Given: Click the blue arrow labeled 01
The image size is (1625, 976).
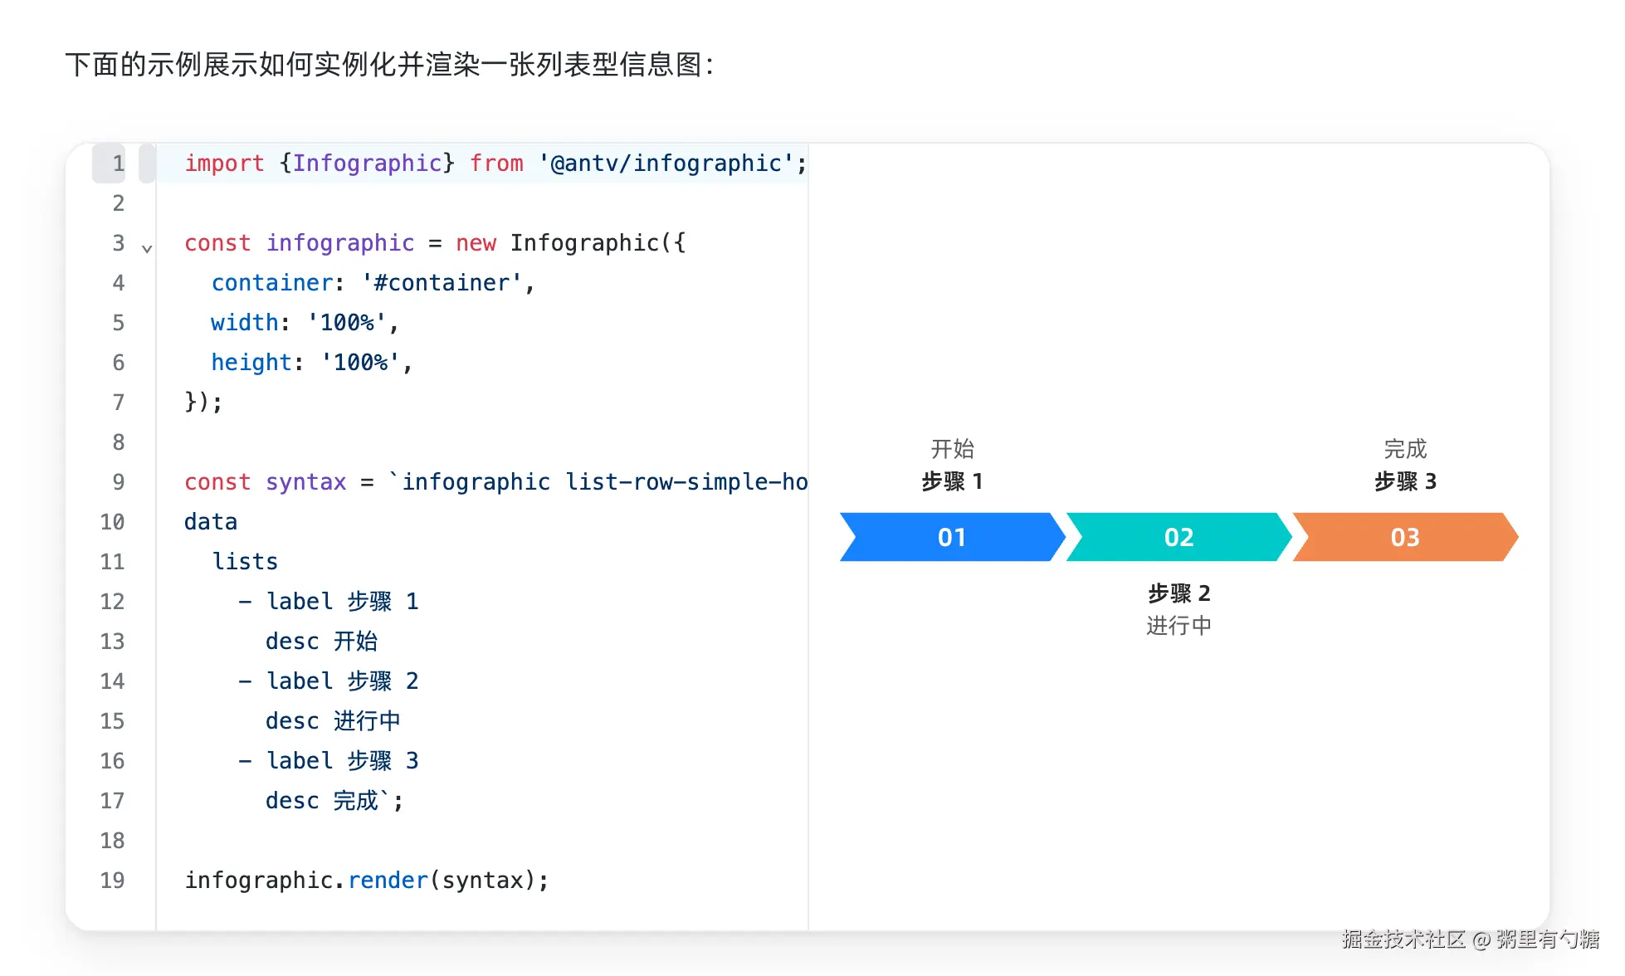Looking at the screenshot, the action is pyautogui.click(x=952, y=537).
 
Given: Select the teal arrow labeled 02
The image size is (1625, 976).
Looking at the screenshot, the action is pyautogui.click(x=1178, y=537).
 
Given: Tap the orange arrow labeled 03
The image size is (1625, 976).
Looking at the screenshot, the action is pyautogui.click(x=1405, y=537).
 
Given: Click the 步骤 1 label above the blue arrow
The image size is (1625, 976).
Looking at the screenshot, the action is pyautogui.click(x=952, y=481).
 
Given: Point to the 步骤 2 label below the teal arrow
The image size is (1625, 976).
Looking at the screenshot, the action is pyautogui.click(x=1178, y=593).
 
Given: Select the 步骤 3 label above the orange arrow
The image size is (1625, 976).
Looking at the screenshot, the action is pyautogui.click(x=1405, y=481).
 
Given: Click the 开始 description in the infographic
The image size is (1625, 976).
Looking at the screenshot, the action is pyautogui.click(x=952, y=449).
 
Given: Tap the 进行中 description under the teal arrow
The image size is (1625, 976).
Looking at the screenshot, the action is pyautogui.click(x=1178, y=626).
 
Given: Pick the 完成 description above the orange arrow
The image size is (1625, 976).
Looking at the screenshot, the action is pyautogui.click(x=1405, y=449).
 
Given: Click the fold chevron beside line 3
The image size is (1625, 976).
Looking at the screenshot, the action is pyautogui.click(x=147, y=248).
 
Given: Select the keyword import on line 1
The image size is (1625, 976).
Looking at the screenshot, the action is pyautogui.click(x=224, y=163).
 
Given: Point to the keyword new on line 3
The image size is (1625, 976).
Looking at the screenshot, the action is pyautogui.click(x=476, y=243).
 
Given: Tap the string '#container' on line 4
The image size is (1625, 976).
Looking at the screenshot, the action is pyautogui.click(x=442, y=283).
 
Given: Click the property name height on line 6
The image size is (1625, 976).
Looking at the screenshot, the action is pyautogui.click(x=251, y=363).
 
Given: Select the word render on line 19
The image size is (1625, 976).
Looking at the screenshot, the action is pyautogui.click(x=388, y=881).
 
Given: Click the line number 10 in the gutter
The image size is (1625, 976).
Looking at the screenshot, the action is pyautogui.click(x=112, y=522).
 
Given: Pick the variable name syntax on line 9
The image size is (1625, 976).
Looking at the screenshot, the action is pyautogui.click(x=306, y=482).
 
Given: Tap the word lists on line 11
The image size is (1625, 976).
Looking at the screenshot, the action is pyautogui.click(x=245, y=562).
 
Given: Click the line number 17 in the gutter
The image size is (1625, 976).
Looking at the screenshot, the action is pyautogui.click(x=112, y=801).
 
